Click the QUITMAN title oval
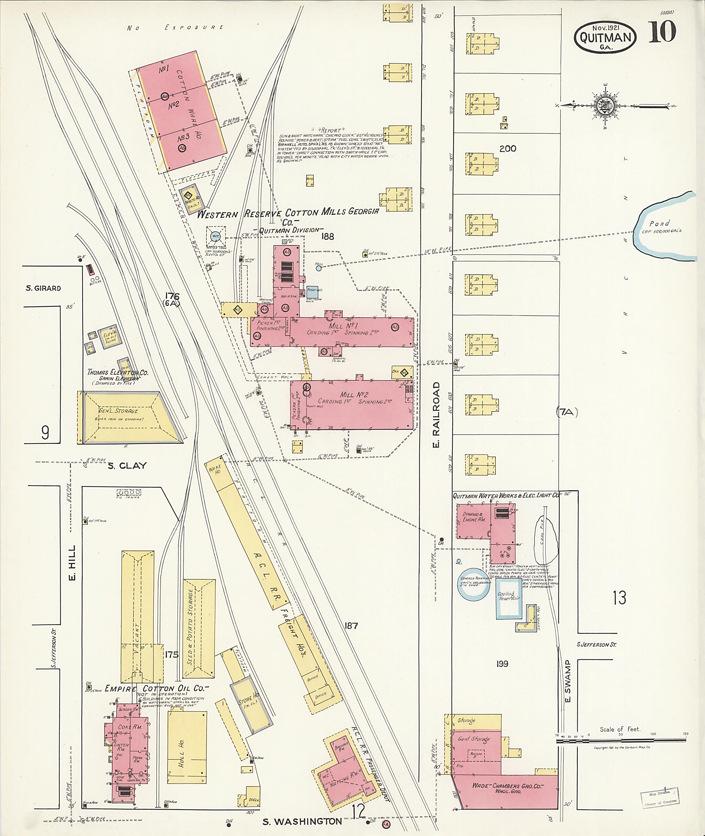pyautogui.click(x=605, y=37)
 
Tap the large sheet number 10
pyautogui.click(x=662, y=32)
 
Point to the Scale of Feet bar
pyautogui.click(x=621, y=740)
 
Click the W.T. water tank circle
pyautogui.click(x=216, y=236)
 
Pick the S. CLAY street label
pyautogui.click(x=127, y=466)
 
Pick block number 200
pyautogui.click(x=507, y=149)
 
